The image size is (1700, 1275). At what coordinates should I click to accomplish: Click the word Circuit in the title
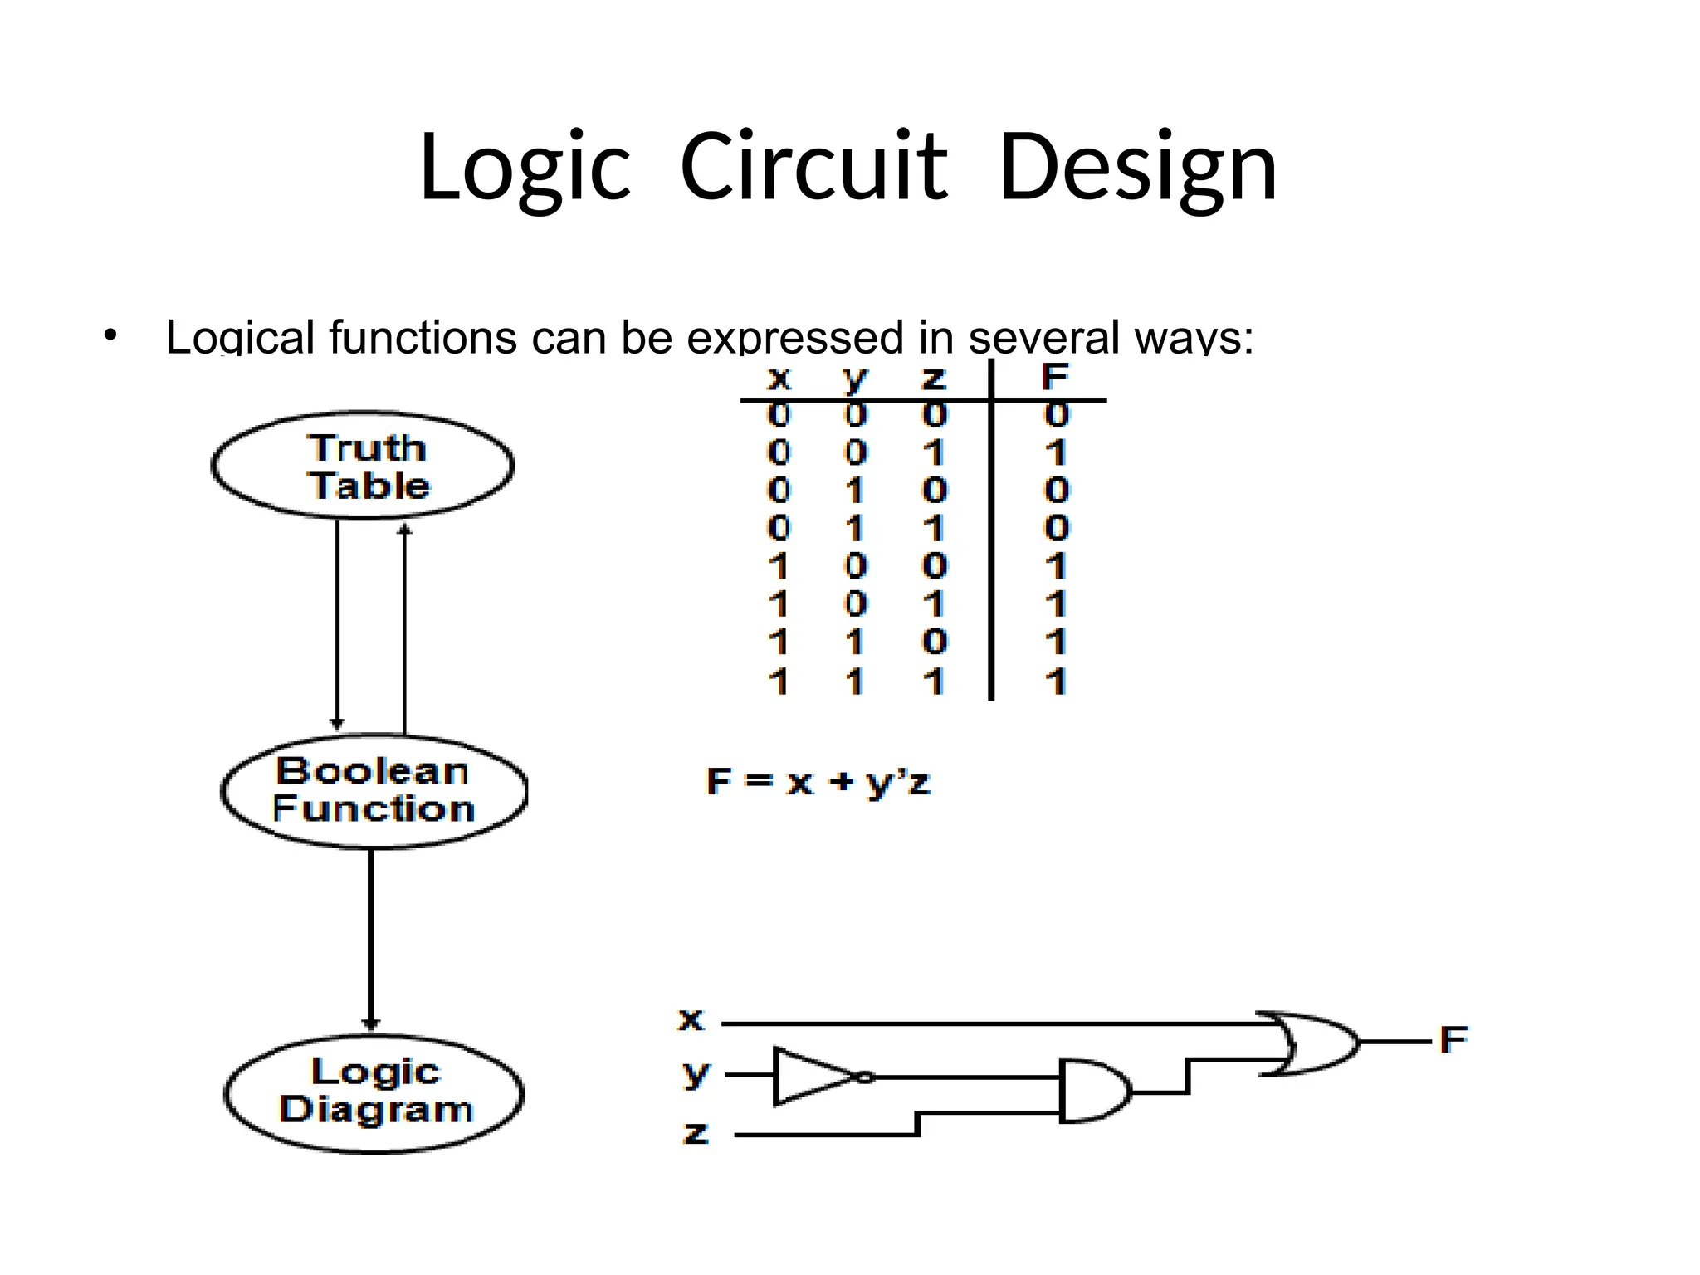click(813, 168)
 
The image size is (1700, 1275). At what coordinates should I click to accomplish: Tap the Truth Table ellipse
click(364, 466)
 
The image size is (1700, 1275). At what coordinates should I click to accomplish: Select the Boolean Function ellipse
click(374, 790)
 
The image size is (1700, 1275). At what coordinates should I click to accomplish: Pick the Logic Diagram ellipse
click(374, 1092)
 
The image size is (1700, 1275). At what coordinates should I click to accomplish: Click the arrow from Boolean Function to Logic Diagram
click(371, 938)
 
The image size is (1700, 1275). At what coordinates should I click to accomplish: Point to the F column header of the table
click(1054, 378)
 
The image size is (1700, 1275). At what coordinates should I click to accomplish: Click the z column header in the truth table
click(934, 379)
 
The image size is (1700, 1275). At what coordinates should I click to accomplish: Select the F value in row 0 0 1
click(1055, 453)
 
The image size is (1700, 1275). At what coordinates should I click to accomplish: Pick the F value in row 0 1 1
click(1057, 528)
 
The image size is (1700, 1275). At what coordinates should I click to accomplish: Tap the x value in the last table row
click(779, 681)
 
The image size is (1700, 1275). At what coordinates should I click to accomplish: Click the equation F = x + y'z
click(818, 782)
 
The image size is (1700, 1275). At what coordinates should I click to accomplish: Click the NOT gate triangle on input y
click(813, 1077)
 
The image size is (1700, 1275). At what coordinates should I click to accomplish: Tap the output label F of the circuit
click(1453, 1039)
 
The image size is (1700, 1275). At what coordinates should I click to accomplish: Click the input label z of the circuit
click(696, 1133)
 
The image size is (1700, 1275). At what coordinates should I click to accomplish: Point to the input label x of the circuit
click(691, 1019)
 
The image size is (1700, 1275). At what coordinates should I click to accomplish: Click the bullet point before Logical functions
click(110, 337)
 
